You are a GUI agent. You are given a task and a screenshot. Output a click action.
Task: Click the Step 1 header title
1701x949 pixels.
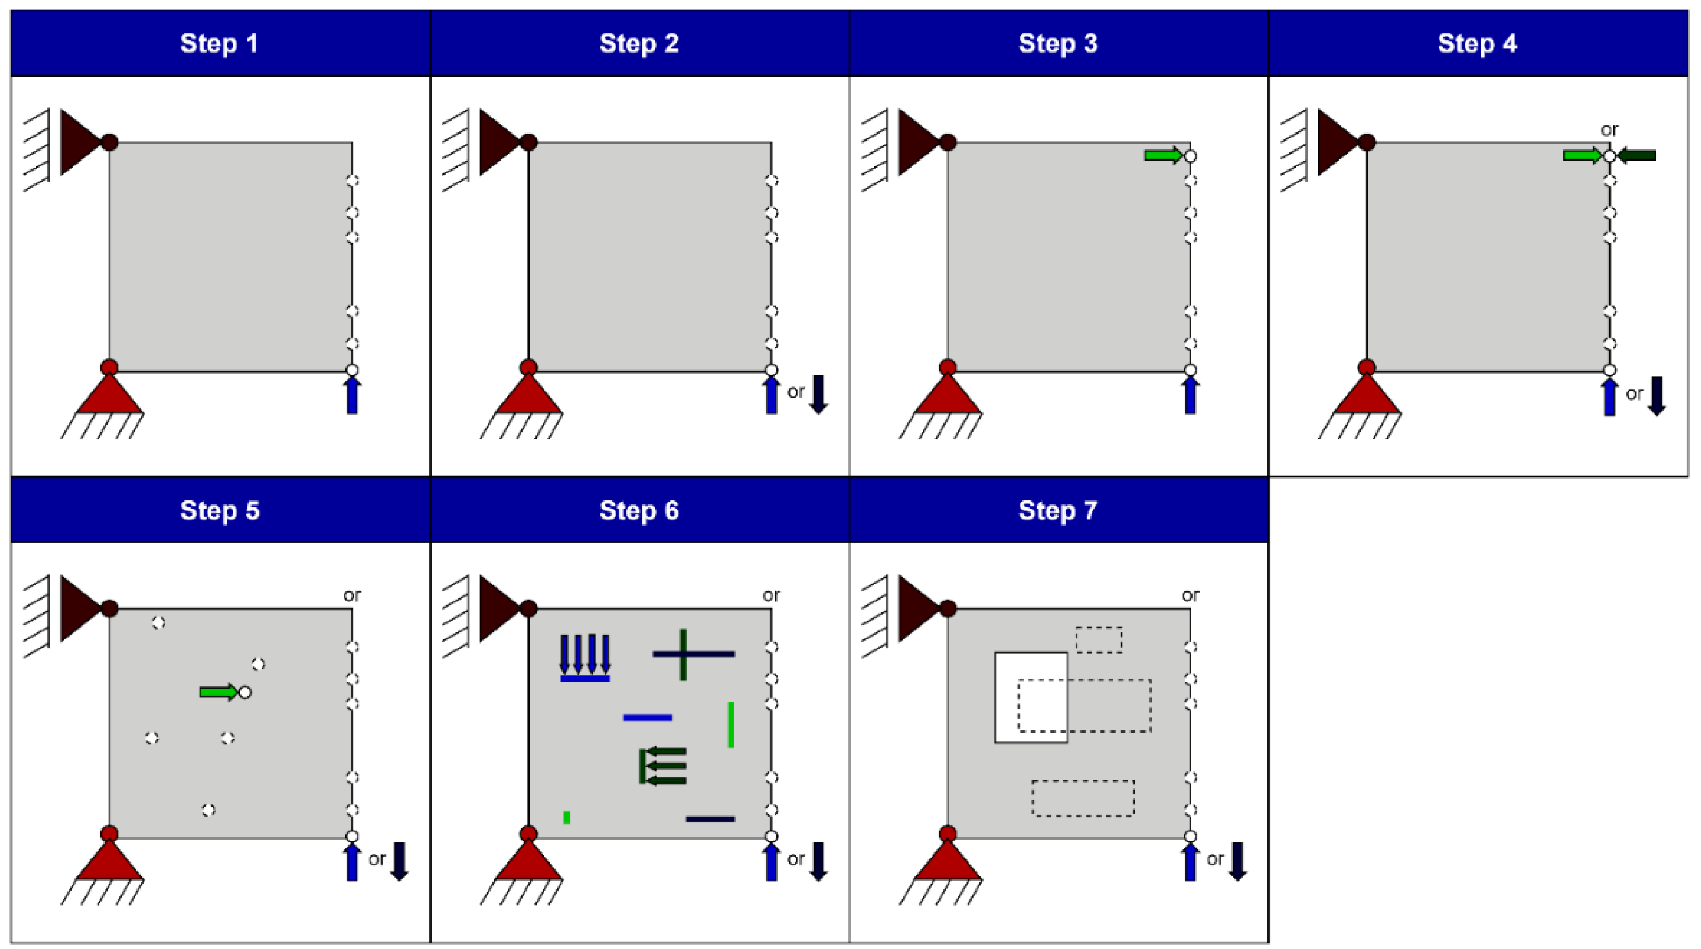click(219, 44)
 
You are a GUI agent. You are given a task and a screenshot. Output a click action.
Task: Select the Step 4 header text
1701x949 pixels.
click(1477, 44)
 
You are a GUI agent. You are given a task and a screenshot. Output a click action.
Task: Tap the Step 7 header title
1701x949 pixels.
click(1058, 511)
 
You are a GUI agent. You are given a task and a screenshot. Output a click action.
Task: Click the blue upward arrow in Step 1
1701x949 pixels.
click(352, 396)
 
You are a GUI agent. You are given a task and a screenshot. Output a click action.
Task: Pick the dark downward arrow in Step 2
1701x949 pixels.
click(818, 394)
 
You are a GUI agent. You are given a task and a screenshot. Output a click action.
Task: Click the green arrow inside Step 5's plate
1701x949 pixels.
click(218, 692)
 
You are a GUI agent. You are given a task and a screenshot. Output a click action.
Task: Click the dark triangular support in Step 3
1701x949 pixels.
click(917, 143)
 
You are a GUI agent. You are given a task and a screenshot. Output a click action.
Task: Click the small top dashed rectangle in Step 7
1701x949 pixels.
click(1099, 640)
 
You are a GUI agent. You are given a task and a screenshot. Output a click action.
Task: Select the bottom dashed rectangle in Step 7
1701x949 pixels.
click(1083, 798)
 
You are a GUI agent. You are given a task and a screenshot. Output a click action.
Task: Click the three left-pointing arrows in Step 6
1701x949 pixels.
click(664, 766)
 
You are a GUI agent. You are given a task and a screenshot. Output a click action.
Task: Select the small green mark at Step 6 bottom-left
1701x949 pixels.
click(567, 818)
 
